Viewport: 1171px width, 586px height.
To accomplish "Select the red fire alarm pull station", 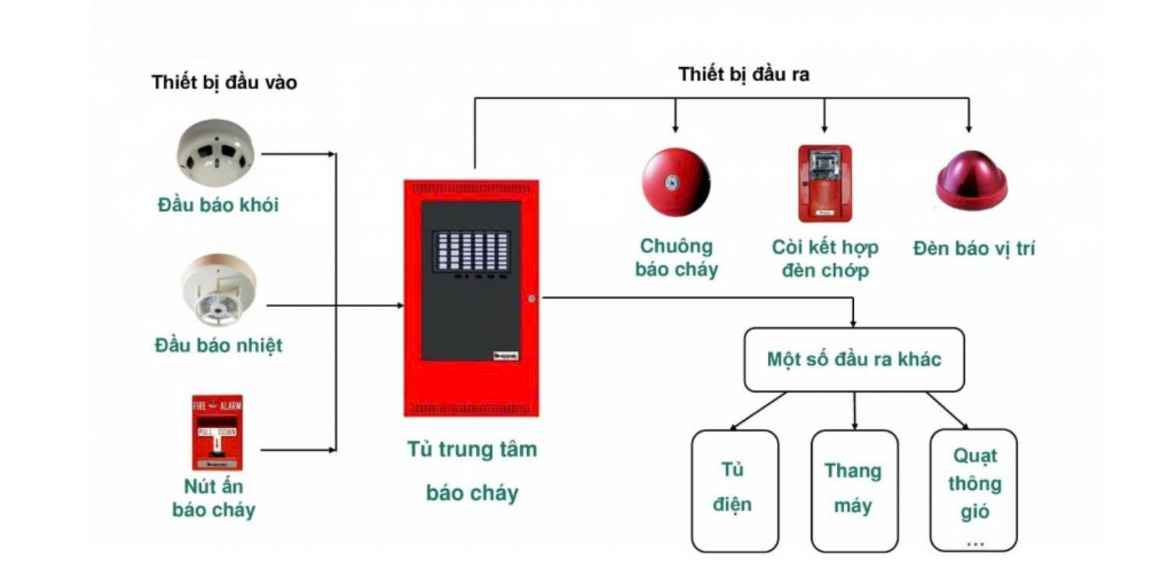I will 217,432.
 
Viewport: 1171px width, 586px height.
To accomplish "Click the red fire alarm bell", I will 676,182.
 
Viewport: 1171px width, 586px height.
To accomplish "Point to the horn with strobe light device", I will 824,184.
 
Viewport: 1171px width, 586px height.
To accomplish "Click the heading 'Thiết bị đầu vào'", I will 224,82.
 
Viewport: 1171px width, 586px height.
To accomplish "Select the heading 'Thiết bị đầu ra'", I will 743,75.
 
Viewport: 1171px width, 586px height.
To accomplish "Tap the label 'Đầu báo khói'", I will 218,205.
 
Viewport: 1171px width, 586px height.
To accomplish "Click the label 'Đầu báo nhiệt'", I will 218,345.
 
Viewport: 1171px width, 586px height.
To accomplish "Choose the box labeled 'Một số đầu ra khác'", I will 854,359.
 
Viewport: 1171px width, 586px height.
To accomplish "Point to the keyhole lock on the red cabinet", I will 530,298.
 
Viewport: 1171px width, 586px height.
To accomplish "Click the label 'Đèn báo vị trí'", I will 973,248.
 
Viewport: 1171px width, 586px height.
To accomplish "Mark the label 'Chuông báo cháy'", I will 676,259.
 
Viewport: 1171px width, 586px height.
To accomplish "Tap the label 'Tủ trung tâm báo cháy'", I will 472,472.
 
